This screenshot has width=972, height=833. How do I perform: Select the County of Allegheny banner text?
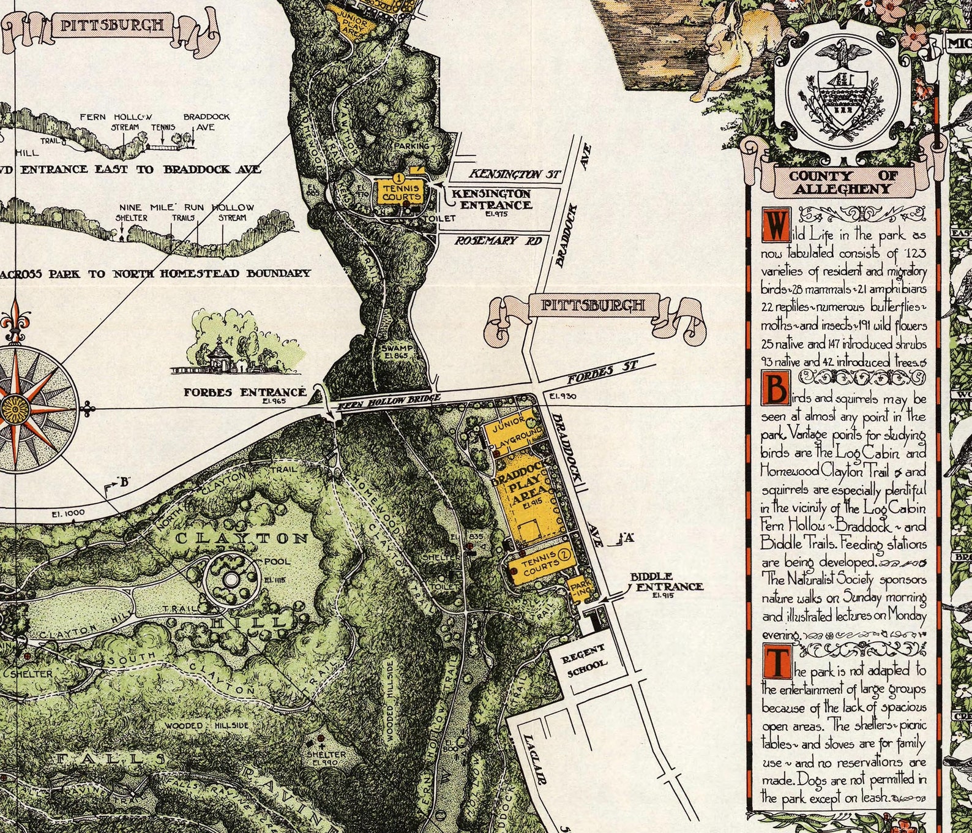843,183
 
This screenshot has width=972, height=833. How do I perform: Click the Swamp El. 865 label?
394,352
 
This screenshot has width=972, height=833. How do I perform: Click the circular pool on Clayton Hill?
231,579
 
